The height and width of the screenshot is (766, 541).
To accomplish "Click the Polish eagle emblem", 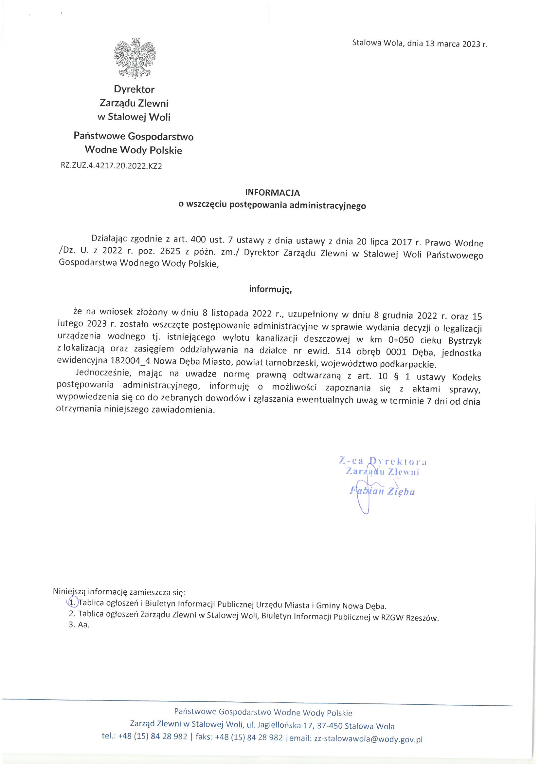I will click(x=135, y=58).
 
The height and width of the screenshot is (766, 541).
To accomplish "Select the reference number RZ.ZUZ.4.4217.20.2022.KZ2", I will click(x=111, y=166).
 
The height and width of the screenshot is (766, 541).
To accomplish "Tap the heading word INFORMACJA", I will click(x=272, y=193).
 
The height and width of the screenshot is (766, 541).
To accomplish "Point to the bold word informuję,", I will click(x=270, y=289).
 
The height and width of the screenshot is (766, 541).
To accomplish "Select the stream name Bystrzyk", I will click(x=465, y=341).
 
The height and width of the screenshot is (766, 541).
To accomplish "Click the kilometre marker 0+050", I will click(x=401, y=340).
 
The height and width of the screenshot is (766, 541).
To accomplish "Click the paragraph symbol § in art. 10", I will click(x=396, y=377).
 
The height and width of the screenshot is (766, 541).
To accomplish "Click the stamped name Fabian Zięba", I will click(x=382, y=491).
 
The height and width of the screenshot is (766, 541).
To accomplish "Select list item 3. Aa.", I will click(x=79, y=624).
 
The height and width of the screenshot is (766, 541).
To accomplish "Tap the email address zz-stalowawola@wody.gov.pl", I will click(x=368, y=739).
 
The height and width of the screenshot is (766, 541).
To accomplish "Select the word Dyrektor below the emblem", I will click(x=134, y=89).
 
